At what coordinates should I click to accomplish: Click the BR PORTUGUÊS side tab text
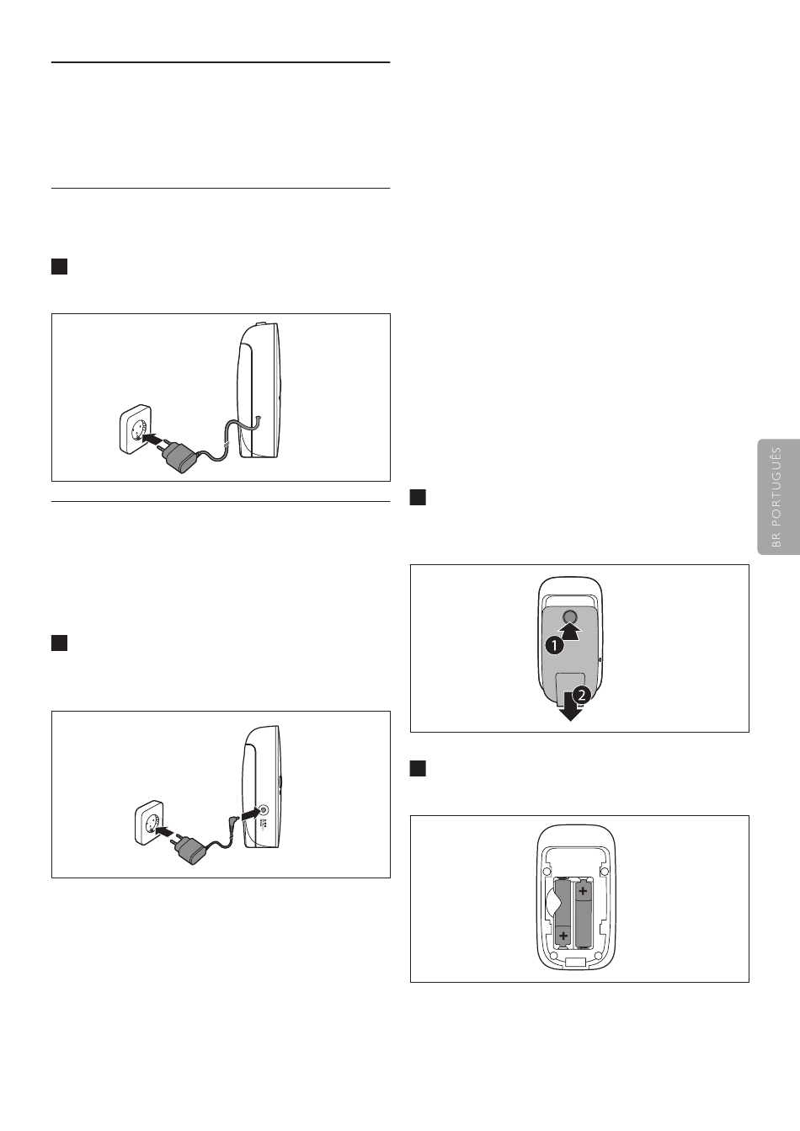[776, 497]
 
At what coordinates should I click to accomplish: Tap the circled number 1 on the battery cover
[555, 645]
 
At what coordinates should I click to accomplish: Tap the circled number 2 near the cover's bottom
[581, 696]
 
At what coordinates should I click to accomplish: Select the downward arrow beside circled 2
[570, 707]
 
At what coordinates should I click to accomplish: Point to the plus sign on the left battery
[563, 936]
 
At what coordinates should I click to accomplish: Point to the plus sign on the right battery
[583, 891]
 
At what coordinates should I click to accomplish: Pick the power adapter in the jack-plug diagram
[190, 847]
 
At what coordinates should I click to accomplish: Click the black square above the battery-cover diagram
[418, 498]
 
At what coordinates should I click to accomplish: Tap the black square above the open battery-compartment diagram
[418, 769]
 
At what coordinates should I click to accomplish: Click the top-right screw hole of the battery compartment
[604, 872]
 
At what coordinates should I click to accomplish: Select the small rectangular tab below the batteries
[575, 963]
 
